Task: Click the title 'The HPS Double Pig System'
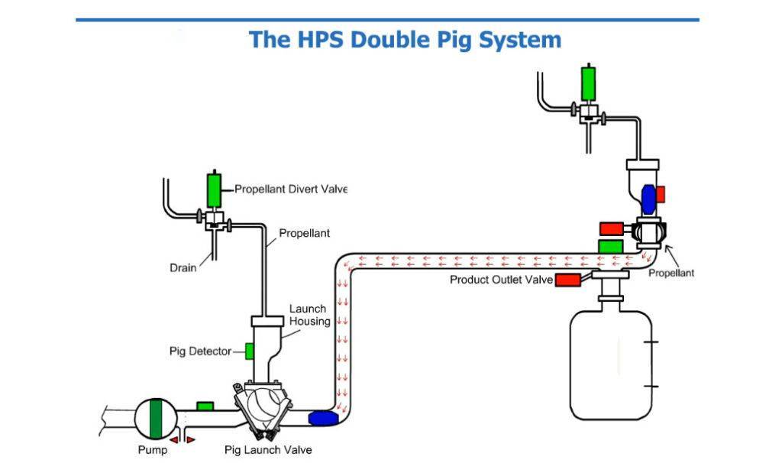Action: coord(405,40)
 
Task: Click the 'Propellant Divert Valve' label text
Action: coord(290,189)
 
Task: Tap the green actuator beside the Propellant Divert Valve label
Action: coord(214,189)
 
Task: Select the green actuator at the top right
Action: coord(589,83)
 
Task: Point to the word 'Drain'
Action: coord(183,267)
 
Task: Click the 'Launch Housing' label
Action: coord(309,315)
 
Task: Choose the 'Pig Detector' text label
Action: coord(199,351)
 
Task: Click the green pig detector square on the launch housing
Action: coord(249,351)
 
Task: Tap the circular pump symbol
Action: coord(156,419)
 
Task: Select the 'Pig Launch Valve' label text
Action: coord(268,450)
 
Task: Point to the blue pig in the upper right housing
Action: coord(649,198)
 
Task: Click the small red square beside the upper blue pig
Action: coord(661,194)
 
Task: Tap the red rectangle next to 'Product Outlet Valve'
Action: coord(567,280)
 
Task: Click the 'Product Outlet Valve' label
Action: coord(500,280)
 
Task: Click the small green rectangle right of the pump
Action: coord(205,406)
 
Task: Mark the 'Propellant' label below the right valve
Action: coord(671,274)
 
